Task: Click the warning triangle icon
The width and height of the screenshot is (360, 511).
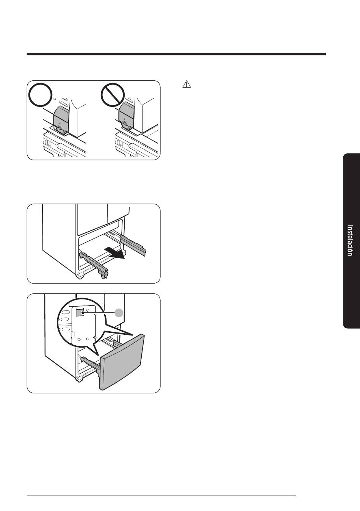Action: [186, 84]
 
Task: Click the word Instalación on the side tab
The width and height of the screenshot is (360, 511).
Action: [350, 240]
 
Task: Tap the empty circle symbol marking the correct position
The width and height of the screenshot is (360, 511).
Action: [41, 94]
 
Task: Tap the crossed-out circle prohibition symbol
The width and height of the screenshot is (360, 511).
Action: [113, 94]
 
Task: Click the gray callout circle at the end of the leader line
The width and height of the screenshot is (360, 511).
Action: [119, 313]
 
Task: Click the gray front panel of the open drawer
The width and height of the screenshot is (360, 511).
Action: [122, 362]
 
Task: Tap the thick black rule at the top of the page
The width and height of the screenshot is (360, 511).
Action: [176, 54]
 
